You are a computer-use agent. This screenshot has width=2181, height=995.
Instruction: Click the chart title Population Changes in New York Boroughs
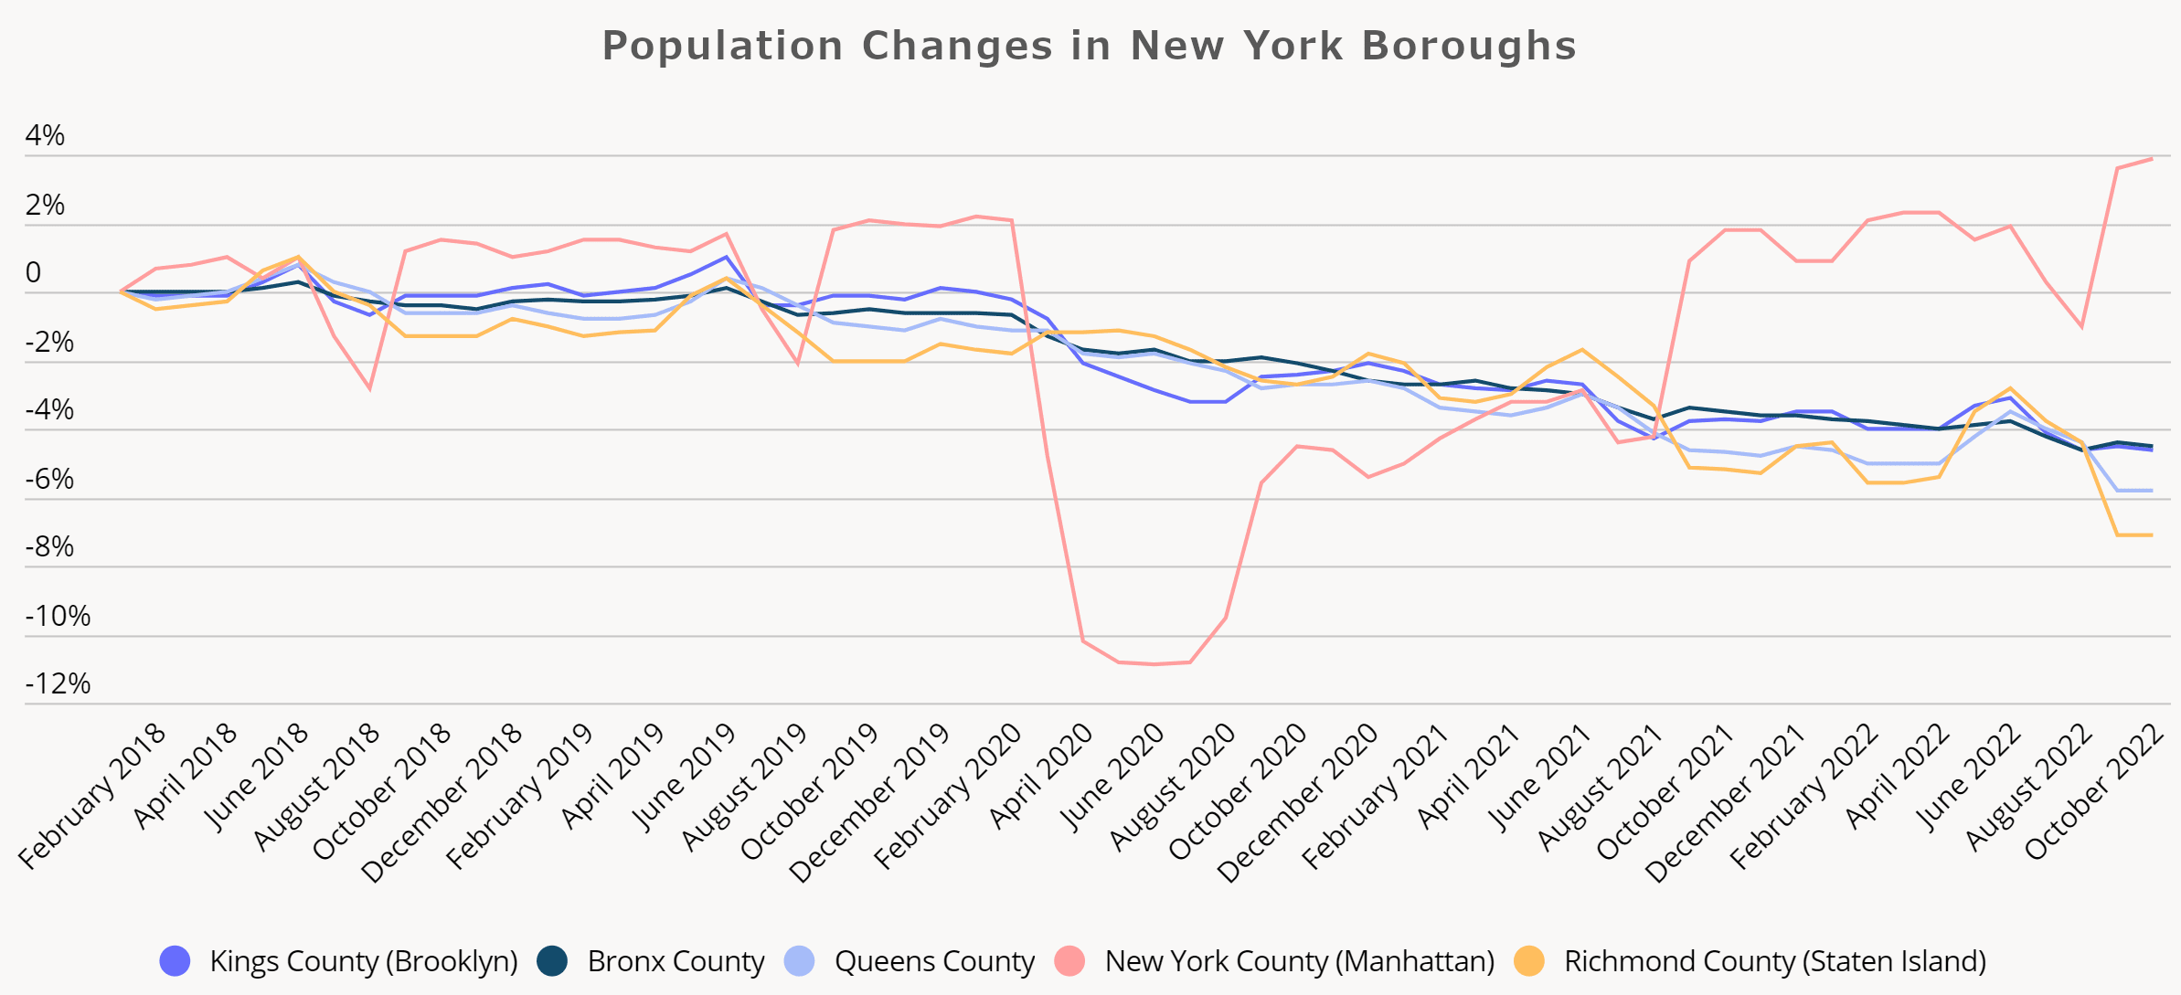(1089, 46)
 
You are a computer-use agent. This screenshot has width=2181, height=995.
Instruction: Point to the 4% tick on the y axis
(45, 136)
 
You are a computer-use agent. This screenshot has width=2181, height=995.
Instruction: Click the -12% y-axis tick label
(58, 683)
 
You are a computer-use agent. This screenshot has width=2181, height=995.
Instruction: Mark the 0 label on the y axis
(34, 273)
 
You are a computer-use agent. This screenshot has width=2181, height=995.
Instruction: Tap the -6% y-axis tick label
(49, 479)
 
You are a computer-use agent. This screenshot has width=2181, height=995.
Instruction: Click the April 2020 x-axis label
(1042, 777)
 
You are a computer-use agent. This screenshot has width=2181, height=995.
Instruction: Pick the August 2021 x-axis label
(1601, 788)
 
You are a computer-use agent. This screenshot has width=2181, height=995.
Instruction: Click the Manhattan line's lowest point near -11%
(1154, 664)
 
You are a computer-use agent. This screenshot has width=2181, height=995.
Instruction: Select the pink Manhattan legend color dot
(1069, 961)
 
